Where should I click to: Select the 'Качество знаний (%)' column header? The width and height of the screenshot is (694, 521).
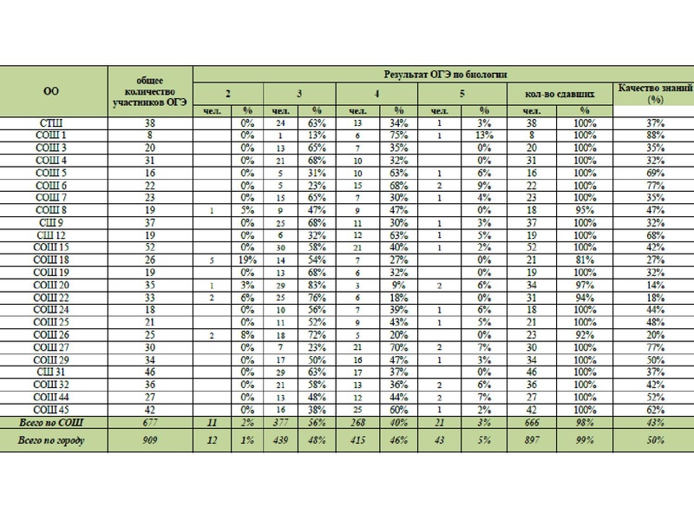click(x=654, y=93)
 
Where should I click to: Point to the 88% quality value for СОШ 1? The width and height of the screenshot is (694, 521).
click(x=654, y=135)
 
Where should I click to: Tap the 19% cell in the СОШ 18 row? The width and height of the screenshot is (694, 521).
click(x=247, y=259)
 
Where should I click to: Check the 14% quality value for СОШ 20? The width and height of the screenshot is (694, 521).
click(x=654, y=284)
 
